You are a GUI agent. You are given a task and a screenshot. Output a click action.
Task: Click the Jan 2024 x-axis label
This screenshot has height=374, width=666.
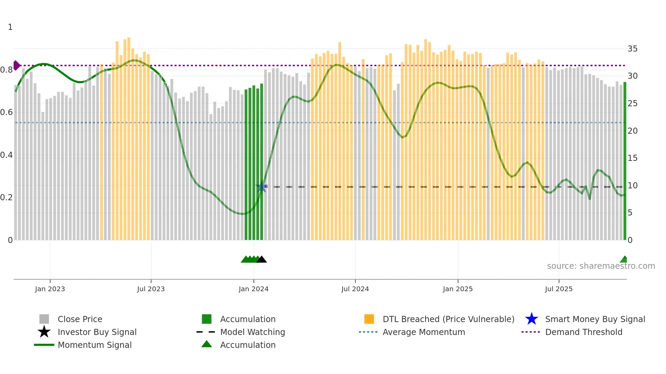(x=253, y=289)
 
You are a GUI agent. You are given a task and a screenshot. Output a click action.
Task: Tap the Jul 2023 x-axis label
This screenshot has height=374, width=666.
(x=151, y=289)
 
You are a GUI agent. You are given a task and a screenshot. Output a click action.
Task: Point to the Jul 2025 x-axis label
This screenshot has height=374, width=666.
(x=559, y=289)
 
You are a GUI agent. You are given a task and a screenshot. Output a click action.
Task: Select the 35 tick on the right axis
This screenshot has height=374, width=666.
(x=632, y=49)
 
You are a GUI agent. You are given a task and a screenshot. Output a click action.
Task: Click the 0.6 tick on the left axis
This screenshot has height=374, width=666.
(x=6, y=112)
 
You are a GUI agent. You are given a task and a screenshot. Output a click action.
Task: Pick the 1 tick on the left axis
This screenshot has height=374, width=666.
(x=10, y=27)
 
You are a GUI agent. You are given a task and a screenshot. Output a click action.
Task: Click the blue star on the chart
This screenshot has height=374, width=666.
(x=261, y=187)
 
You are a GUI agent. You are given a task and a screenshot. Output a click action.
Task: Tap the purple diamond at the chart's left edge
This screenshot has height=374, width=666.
(x=16, y=66)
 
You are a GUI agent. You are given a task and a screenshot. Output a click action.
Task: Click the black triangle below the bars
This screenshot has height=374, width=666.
(x=262, y=260)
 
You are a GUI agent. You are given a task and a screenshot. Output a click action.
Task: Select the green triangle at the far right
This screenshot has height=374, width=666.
(x=624, y=260)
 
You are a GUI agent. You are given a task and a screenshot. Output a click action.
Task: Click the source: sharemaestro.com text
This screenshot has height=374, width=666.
(x=601, y=266)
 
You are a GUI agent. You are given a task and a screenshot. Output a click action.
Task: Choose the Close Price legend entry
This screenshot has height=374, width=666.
(x=80, y=319)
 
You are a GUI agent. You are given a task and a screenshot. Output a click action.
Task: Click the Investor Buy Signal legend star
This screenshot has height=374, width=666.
(x=44, y=332)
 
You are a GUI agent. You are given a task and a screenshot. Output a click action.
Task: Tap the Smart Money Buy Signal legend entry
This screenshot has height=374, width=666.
(x=595, y=319)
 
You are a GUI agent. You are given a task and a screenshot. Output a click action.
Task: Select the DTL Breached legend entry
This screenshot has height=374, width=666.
(x=448, y=319)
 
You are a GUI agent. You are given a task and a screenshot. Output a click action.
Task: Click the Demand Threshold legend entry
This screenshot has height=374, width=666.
(x=583, y=332)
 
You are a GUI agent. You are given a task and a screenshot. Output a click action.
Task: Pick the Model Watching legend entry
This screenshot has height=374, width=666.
(x=252, y=332)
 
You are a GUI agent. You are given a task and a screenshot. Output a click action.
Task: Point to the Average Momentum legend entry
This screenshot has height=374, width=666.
(x=423, y=332)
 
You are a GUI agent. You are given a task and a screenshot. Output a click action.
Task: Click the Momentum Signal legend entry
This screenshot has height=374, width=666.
(x=94, y=345)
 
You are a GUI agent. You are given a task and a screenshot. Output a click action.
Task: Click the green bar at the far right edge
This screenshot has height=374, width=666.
(x=625, y=161)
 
